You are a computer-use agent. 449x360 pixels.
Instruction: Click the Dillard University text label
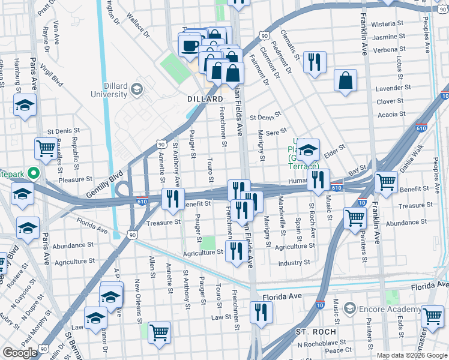tap(109, 90)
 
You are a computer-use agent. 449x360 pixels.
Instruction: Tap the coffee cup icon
tap(190, 45)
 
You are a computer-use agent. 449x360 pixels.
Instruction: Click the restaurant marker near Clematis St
tap(315, 62)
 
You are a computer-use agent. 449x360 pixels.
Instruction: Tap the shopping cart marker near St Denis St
tap(46, 148)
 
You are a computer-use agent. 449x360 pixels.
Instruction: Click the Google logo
tap(20, 353)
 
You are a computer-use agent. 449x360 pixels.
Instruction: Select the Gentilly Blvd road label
tap(107, 178)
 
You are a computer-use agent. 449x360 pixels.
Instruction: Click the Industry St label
tap(294, 263)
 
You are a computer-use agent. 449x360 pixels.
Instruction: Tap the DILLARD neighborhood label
tap(203, 99)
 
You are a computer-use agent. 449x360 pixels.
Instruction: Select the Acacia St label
tap(391, 115)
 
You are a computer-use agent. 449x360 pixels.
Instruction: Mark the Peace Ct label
tap(339, 350)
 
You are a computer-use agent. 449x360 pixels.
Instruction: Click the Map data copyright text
tap(411, 355)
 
